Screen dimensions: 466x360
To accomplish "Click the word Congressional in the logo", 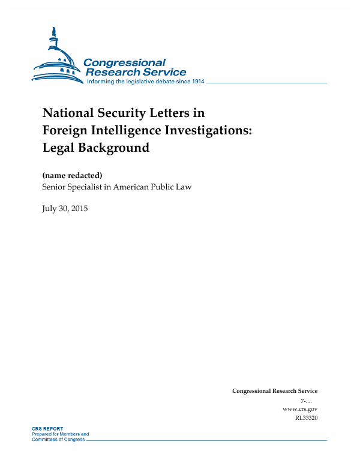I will [x=124, y=62].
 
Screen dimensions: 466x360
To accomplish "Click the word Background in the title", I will [x=113, y=147].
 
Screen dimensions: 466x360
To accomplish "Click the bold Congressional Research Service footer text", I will [x=275, y=391].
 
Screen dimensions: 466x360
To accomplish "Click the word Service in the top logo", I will [x=162, y=73].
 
